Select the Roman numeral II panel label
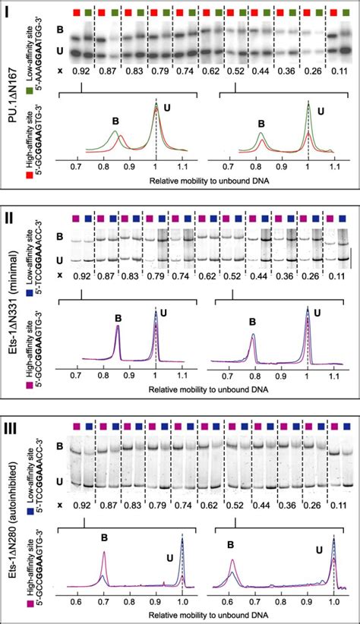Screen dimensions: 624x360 pyautogui.click(x=11, y=213)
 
